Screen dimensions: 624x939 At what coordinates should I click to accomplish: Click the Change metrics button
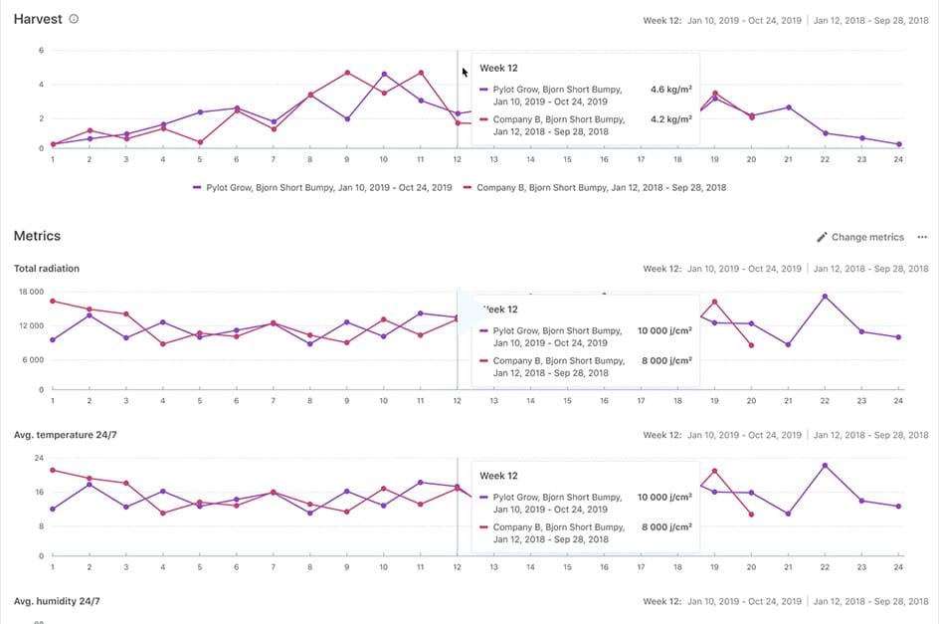[860, 237]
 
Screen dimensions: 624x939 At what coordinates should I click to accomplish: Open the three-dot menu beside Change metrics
[922, 237]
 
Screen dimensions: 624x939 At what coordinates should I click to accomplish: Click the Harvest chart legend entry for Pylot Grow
[322, 186]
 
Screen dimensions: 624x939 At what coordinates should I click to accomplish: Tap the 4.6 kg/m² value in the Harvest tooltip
[671, 89]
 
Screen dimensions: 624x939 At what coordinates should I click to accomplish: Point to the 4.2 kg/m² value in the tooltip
[671, 119]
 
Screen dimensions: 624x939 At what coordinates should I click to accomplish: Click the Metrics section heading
[37, 236]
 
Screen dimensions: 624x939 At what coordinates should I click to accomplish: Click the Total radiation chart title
[47, 269]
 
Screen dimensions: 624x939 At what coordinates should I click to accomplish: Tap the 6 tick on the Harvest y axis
[41, 50]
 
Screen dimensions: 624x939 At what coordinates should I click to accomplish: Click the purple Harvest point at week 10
[384, 74]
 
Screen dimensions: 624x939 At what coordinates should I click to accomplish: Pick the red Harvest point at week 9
[347, 73]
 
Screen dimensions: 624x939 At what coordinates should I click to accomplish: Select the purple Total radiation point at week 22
[825, 297]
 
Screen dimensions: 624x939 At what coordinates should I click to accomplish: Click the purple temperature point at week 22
[825, 465]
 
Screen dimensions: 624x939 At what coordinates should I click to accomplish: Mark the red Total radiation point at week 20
[751, 345]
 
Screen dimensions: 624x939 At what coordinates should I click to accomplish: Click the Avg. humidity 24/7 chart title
[57, 601]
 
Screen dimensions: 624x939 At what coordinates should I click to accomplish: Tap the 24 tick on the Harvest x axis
[898, 159]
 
